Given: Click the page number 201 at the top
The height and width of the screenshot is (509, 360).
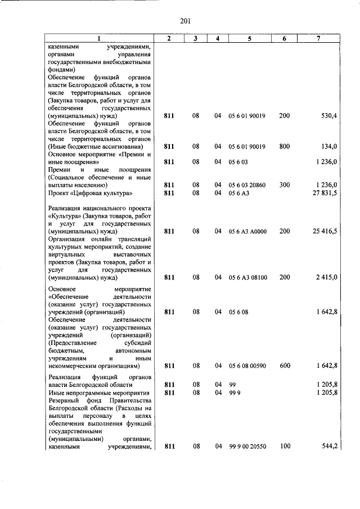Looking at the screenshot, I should tap(186, 22).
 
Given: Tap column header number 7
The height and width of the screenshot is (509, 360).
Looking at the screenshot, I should tap(318, 38).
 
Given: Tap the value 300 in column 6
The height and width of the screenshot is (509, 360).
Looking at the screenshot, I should tap(284, 185).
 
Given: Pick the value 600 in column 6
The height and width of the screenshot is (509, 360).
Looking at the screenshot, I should tap(284, 366).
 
